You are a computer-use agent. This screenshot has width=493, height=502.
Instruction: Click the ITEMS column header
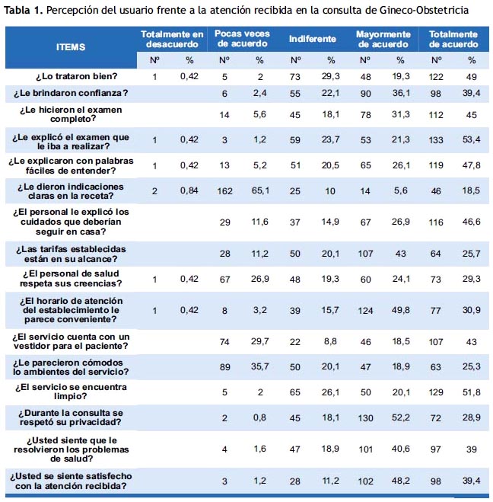pyautogui.click(x=71, y=47)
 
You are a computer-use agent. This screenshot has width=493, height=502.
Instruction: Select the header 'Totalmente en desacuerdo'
pyautogui.click(x=172, y=39)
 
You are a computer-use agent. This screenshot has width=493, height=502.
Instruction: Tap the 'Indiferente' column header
pyautogui.click(x=313, y=39)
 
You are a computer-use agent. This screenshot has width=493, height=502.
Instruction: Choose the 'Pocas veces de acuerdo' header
pyautogui.click(x=243, y=38)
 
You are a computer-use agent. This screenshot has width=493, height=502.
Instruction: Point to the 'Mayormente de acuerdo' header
pyautogui.click(x=383, y=39)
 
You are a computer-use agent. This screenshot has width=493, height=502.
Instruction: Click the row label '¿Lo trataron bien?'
pyautogui.click(x=76, y=76)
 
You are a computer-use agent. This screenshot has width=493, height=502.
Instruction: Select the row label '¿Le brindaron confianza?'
pyautogui.click(x=71, y=93)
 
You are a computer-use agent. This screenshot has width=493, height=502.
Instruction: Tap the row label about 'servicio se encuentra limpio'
pyautogui.click(x=71, y=392)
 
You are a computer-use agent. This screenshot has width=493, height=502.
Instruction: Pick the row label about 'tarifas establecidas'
pyautogui.click(x=71, y=254)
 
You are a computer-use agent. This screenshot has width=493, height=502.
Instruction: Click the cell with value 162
pyautogui.click(x=224, y=191)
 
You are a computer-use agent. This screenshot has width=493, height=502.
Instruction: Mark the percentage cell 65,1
pyautogui.click(x=260, y=190)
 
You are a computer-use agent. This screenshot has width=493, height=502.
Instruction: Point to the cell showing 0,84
pyautogui.click(x=189, y=190)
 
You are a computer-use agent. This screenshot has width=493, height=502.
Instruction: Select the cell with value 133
pyautogui.click(x=436, y=140)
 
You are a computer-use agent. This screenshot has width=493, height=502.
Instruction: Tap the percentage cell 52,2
pyautogui.click(x=401, y=417)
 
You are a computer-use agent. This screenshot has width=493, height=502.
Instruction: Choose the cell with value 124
pyautogui.click(x=365, y=311)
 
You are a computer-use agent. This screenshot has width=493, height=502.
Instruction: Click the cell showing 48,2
pyautogui.click(x=401, y=481)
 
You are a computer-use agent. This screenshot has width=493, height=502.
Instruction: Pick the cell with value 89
pyautogui.click(x=224, y=367)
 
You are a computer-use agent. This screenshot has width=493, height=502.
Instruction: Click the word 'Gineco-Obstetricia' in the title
pyautogui.click(x=424, y=10)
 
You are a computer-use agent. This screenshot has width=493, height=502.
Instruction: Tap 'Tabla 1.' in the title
pyautogui.click(x=23, y=10)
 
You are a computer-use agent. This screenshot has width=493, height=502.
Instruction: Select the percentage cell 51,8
pyautogui.click(x=472, y=392)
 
